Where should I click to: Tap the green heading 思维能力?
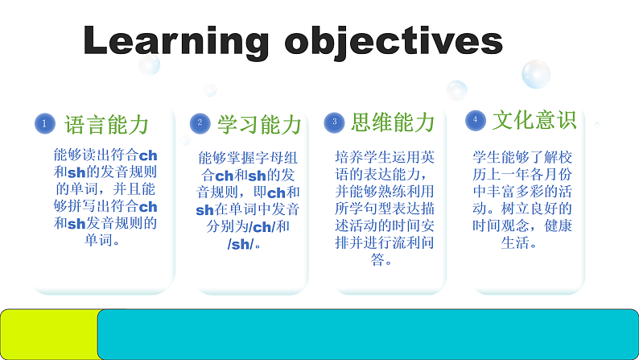(x=392, y=122)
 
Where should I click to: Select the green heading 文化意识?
(x=534, y=120)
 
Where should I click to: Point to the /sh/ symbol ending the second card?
(x=240, y=244)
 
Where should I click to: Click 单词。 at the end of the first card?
(x=105, y=240)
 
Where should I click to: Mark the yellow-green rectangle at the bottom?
(x=48, y=333)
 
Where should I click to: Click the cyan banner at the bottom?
(x=368, y=333)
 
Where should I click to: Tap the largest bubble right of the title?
(x=535, y=74)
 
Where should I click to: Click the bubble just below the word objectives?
(x=456, y=90)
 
